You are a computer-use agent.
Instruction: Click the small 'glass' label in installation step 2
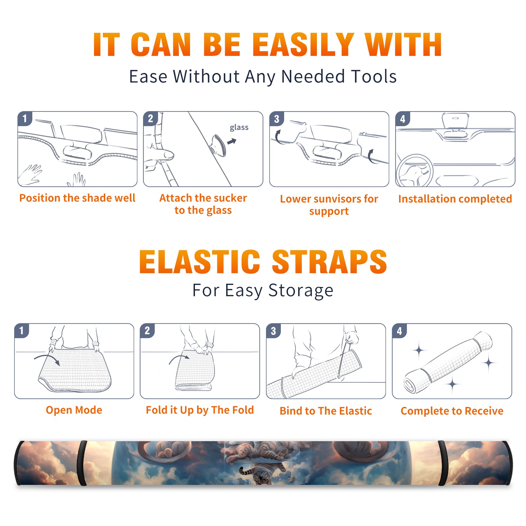[239, 128]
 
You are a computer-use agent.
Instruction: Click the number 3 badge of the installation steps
[276, 119]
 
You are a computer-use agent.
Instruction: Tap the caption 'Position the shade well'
[77, 198]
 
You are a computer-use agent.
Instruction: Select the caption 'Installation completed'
[455, 199]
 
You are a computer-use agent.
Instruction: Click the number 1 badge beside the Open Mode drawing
[22, 331]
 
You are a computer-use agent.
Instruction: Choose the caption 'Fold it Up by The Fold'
[200, 410]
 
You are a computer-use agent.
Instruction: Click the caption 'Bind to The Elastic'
[326, 411]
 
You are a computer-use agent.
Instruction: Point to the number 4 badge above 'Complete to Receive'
[399, 331]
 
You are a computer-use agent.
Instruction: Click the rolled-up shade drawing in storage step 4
[448, 362]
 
